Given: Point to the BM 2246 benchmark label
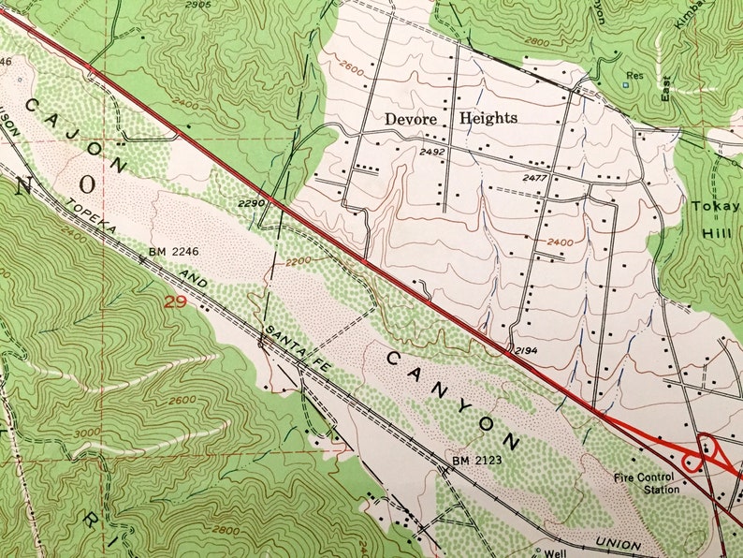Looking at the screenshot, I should (x=174, y=253).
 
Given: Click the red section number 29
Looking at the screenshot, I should (x=171, y=302).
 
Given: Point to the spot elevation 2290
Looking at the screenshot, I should (x=254, y=202).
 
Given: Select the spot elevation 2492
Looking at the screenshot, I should (x=432, y=152).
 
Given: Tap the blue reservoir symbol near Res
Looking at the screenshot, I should (x=625, y=86).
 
